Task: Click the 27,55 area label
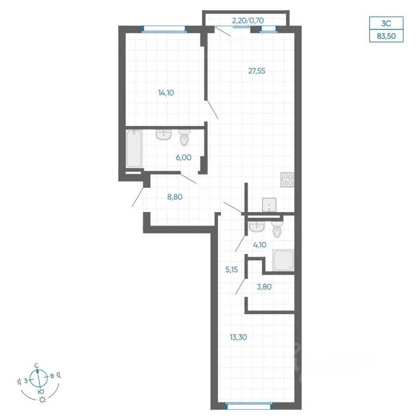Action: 257,71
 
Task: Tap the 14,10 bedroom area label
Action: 166,93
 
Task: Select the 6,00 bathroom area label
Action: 183,157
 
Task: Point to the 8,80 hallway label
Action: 175,197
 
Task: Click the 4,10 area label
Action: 259,245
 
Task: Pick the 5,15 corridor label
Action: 231,269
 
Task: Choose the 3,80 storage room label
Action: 264,287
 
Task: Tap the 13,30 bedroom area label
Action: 238,337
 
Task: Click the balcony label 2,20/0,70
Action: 248,21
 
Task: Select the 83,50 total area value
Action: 386,36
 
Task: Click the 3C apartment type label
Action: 386,23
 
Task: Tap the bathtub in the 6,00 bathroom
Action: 134,149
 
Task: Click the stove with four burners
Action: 287,179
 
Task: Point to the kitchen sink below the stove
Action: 269,205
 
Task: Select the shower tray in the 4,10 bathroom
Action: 283,260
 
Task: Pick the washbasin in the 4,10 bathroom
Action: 257,226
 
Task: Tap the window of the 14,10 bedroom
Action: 164,29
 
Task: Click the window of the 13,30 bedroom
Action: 249,406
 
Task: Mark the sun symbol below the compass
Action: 42,399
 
